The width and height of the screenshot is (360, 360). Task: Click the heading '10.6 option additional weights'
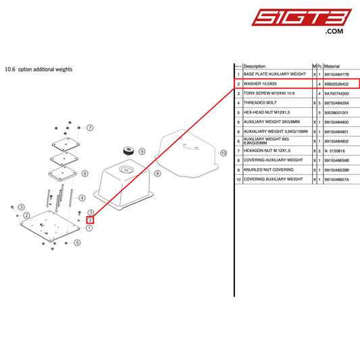(38, 69)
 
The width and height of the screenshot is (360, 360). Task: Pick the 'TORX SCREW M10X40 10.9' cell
(269, 93)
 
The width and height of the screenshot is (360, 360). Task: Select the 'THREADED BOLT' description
(259, 102)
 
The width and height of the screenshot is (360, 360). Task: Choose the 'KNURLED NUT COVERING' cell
(268, 170)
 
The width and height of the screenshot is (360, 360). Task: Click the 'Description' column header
(255, 66)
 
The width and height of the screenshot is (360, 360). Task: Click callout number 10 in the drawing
(224, 154)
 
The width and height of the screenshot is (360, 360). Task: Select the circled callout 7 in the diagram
(90, 127)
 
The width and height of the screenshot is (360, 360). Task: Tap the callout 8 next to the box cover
(157, 174)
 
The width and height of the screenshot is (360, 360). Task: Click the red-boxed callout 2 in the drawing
(89, 220)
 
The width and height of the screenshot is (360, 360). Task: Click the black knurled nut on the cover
(125, 149)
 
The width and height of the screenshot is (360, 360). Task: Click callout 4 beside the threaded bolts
(81, 198)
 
